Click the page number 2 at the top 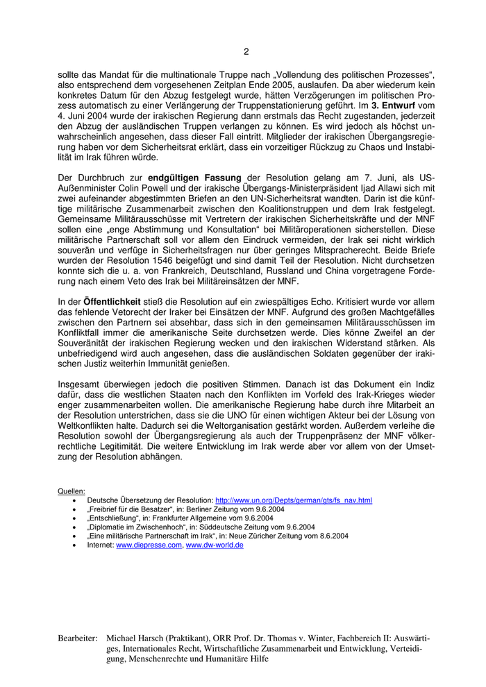(x=246, y=51)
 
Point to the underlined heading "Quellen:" (x=72, y=491)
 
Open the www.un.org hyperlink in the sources (x=294, y=500)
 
